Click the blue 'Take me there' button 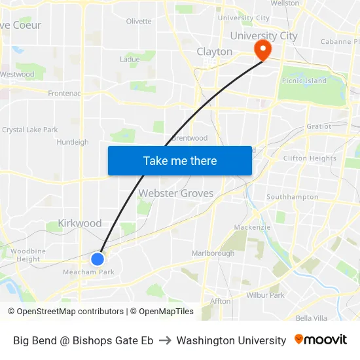click(x=180, y=160)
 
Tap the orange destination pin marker click(x=263, y=48)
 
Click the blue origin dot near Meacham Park click(x=98, y=259)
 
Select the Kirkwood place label click(x=80, y=223)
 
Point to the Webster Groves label click(x=175, y=194)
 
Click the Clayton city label click(x=215, y=52)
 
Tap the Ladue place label click(x=130, y=60)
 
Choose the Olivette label click(x=139, y=22)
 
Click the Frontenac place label click(x=64, y=94)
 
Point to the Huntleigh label click(x=73, y=142)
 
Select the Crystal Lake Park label click(x=30, y=130)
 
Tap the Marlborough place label click(x=213, y=253)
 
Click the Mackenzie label click(x=253, y=227)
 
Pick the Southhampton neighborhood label click(x=292, y=197)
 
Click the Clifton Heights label click(x=310, y=158)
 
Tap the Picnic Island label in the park click(x=304, y=81)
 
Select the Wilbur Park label click(x=265, y=295)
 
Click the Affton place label click(x=221, y=301)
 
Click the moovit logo click(x=321, y=340)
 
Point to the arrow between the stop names click(x=165, y=340)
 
